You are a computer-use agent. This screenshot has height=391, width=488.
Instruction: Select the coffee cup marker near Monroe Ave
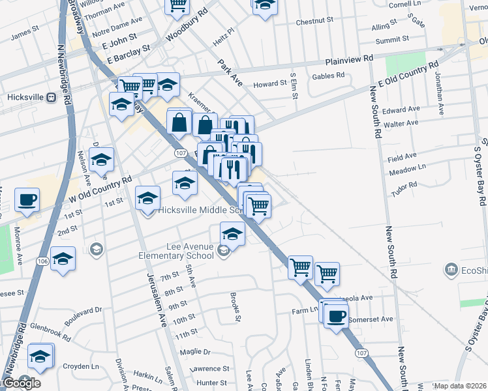tap(27, 200)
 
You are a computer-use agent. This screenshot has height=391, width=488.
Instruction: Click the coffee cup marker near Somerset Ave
tap(336, 317)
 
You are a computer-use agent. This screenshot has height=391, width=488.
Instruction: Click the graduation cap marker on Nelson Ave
tap(101, 160)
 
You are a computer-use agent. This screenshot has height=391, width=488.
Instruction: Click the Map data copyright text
tap(459, 386)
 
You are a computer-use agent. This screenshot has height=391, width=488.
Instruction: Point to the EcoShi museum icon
tap(450, 269)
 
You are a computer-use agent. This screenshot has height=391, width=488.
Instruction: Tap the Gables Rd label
tap(328, 76)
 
